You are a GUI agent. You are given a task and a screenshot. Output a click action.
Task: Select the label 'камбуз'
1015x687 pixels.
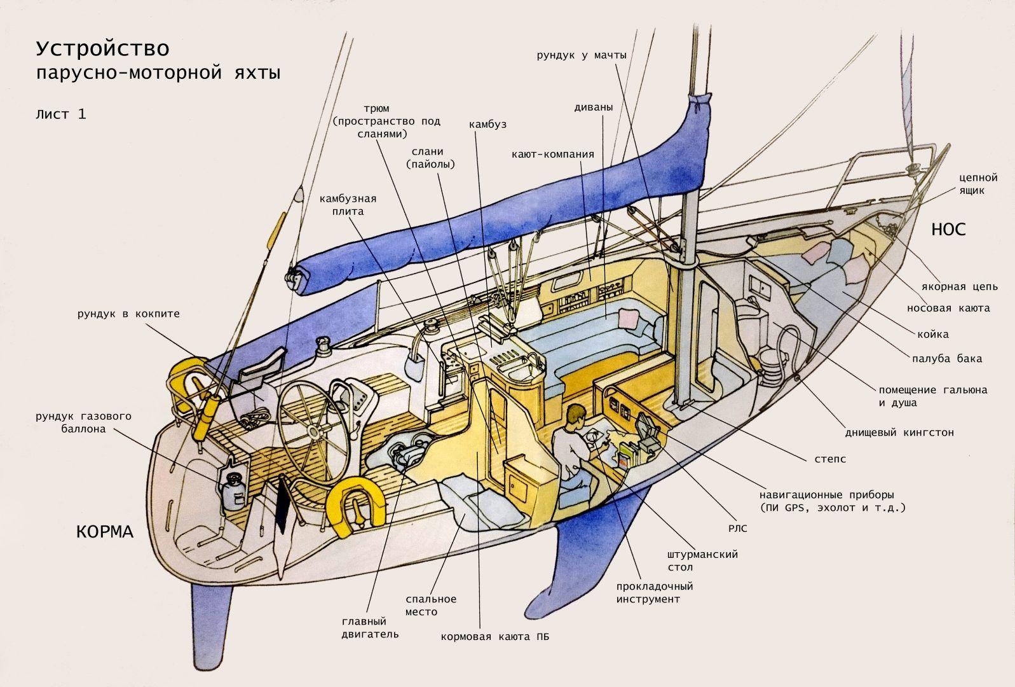pos(487,124)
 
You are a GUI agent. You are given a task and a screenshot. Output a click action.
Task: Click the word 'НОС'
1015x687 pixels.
pos(948,230)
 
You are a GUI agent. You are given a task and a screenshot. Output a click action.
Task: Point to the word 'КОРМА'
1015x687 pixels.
pos(105,531)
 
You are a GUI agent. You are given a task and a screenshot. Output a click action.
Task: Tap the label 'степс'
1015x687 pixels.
pos(830,459)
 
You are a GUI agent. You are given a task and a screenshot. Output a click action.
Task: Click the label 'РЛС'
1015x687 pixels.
pos(737,528)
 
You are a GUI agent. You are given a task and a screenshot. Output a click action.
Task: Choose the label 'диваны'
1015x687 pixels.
pos(594,108)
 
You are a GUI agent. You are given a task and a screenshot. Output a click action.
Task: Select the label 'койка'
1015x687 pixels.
pos(933,335)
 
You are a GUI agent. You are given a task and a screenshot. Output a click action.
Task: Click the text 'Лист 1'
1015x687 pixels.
pos(61,114)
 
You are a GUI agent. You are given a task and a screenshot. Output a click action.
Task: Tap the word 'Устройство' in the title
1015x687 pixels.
pos(103,48)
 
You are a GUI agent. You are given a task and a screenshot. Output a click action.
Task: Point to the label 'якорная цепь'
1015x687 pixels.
pos(960,287)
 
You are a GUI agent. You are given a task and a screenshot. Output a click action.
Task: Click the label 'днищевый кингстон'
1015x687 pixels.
pos(899,433)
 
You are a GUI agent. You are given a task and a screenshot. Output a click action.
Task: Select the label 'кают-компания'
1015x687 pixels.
pos(553,154)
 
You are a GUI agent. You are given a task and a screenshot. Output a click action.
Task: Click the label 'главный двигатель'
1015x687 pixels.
pos(370,628)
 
